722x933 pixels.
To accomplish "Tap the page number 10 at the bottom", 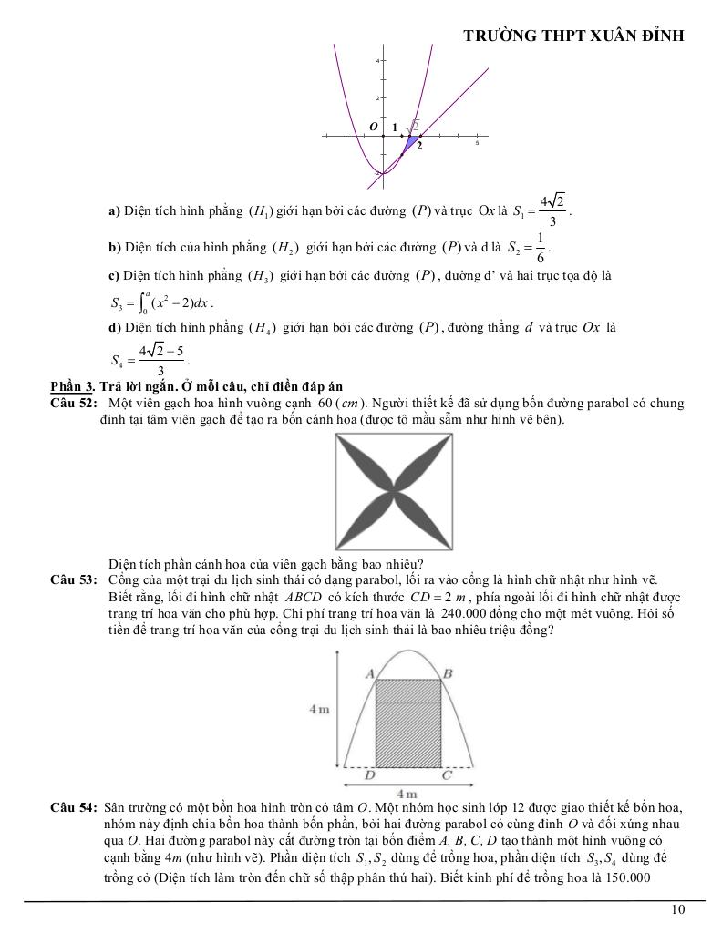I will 677,908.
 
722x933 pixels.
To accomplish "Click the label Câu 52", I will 75,403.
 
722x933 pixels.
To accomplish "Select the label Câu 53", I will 75,579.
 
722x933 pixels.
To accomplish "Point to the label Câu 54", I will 75,808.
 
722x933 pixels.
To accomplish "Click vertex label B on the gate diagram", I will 447,673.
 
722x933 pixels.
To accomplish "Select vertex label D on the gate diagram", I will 369,776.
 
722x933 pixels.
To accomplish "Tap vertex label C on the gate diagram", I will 446,776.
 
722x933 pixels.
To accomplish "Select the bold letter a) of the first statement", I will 114,211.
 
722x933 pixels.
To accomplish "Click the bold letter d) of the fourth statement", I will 114,327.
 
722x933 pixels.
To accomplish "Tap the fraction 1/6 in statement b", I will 540,247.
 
